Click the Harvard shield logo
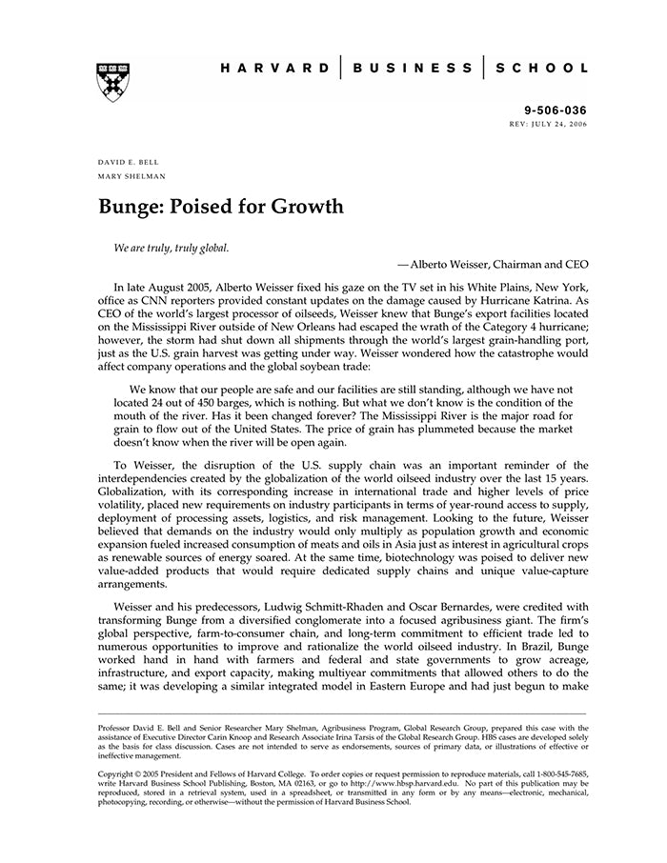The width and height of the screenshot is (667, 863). pyautogui.click(x=112, y=83)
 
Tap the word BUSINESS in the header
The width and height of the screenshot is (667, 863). pyautogui.click(x=412, y=69)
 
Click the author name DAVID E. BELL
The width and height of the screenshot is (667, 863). pyautogui.click(x=129, y=162)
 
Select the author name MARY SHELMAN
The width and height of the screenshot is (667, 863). pyautogui.click(x=131, y=176)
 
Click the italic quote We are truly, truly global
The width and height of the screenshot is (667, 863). pyautogui.click(x=172, y=248)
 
